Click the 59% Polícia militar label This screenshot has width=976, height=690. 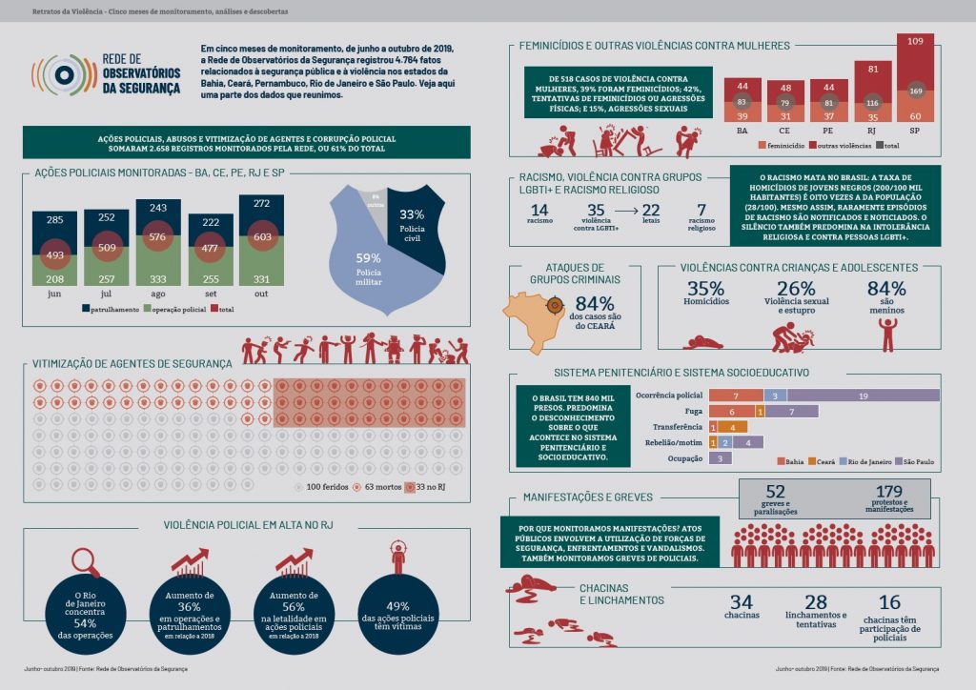click(x=368, y=265)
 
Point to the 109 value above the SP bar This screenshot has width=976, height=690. click(x=915, y=41)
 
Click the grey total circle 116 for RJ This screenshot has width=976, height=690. click(x=868, y=102)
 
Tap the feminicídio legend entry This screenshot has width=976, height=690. click(x=784, y=146)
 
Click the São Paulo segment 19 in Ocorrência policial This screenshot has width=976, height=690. click(x=863, y=395)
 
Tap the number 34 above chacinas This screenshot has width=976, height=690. click(x=741, y=602)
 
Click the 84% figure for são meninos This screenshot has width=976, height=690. click(x=886, y=290)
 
